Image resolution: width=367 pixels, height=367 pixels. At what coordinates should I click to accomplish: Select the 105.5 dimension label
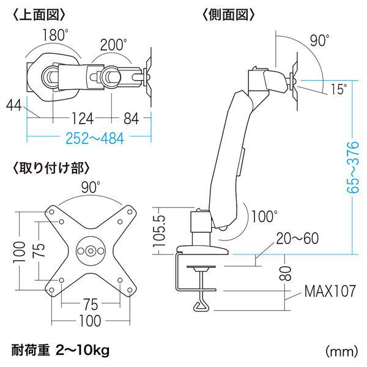pyautogui.click(x=158, y=230)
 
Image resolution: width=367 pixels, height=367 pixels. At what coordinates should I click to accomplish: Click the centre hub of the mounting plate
pyautogui.click(x=92, y=250)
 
